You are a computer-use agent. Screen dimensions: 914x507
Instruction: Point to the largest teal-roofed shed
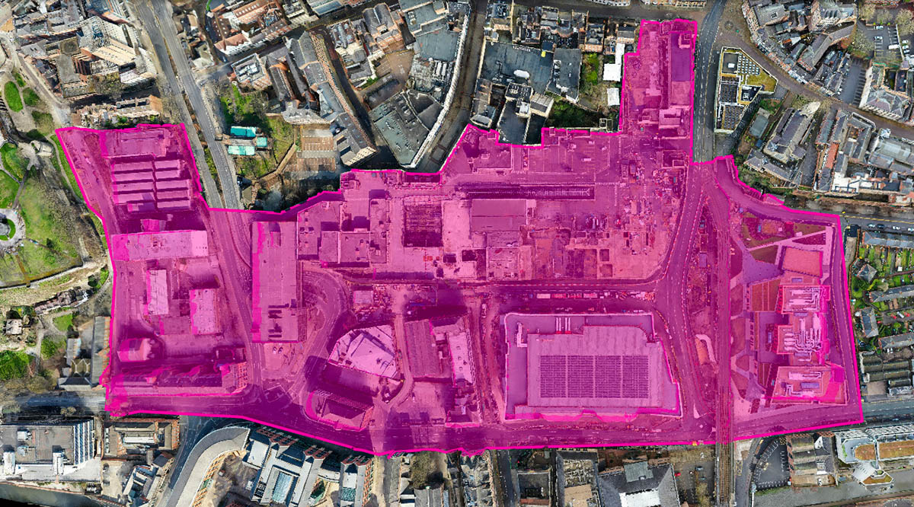click(x=243, y=132)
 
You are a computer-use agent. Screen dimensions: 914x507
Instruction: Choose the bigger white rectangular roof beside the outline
click(x=612, y=71)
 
